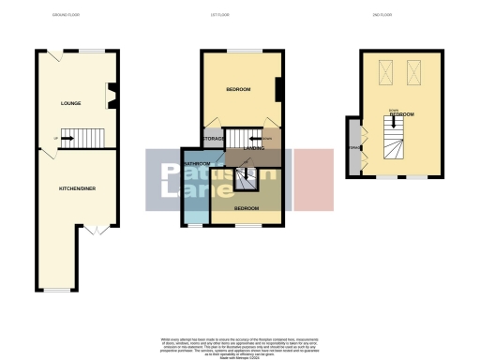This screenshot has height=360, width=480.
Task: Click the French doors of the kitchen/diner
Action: pyautogui.click(x=97, y=231)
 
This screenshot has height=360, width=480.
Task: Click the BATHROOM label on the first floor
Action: pyautogui.click(x=196, y=164)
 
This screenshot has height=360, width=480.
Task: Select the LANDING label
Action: pyautogui.click(x=253, y=148)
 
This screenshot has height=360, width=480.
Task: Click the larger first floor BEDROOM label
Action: pyautogui.click(x=238, y=89)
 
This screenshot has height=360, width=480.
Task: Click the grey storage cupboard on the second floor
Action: pyautogui.click(x=352, y=147)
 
